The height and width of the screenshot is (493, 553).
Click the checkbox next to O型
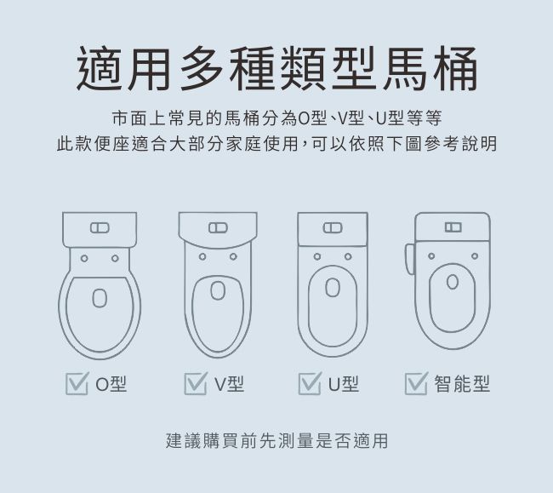coord(77,384)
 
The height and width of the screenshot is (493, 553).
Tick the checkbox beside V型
coord(196,384)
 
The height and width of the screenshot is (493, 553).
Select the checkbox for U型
coord(310,384)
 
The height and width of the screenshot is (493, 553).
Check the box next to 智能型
coord(416,384)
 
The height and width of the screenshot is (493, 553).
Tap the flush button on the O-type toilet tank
coord(100,228)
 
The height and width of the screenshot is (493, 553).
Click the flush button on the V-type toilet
coord(218,227)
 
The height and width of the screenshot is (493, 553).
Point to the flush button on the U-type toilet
coord(333,227)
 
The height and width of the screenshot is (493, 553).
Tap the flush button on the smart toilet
coord(453,226)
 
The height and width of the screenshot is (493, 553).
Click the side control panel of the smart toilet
coord(410,259)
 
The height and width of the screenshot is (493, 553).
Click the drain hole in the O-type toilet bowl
coord(100,298)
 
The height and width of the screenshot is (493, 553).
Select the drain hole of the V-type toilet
coord(218,290)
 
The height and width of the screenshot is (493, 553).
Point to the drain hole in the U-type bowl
coord(333,287)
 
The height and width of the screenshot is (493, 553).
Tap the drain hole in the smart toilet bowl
coord(453,282)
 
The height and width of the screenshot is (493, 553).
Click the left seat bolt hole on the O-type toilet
coord(84,258)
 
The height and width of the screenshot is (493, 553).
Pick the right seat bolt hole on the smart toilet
coord(475,255)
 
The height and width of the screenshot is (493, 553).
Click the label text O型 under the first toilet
coord(111,384)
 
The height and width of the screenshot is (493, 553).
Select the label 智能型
coord(462,384)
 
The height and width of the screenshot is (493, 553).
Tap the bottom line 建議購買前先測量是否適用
coord(276,441)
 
